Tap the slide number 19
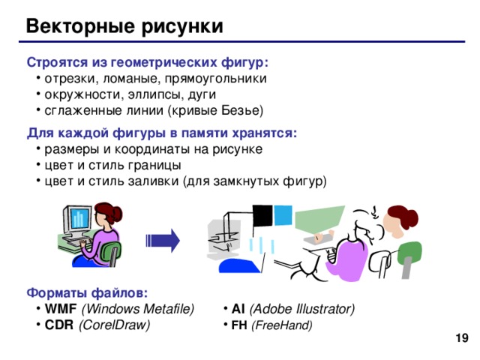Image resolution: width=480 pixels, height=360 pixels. pyautogui.click(x=462, y=340)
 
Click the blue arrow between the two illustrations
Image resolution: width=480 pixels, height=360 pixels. pyautogui.click(x=163, y=240)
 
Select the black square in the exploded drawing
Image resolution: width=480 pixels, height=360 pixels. pyautogui.click(x=262, y=215)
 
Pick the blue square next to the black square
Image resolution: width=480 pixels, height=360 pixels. pyautogui.click(x=283, y=214)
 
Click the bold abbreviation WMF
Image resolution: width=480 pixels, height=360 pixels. pyautogui.click(x=61, y=309)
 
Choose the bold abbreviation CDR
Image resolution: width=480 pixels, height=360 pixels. pyautogui.click(x=58, y=325)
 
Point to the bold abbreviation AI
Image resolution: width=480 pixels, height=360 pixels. pyautogui.click(x=238, y=309)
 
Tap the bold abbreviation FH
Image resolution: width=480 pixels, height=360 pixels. pyautogui.click(x=239, y=325)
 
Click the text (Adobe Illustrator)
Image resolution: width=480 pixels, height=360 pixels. pyautogui.click(x=301, y=309)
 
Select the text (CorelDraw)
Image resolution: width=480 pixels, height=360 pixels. pyautogui.click(x=114, y=325)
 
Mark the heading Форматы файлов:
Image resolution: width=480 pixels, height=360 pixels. pyautogui.click(x=87, y=292)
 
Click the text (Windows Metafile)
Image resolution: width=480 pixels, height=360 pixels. pyautogui.click(x=137, y=309)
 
